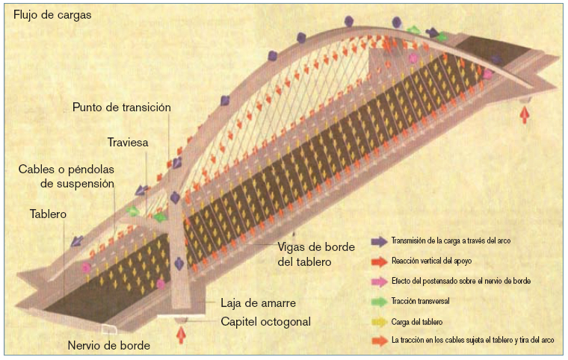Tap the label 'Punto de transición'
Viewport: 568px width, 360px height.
[122, 108]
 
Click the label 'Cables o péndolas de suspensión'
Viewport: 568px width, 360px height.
[66, 176]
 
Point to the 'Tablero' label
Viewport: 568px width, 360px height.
[49, 214]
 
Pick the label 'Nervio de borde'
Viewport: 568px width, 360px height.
[108, 345]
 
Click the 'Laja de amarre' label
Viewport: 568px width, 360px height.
[259, 303]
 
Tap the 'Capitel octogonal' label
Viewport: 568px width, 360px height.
[266, 322]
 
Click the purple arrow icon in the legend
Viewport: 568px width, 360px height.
[379, 241]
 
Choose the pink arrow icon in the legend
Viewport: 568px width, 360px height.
[379, 281]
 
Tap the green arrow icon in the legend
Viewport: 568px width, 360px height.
[379, 301]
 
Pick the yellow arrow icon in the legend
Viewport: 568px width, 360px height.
[379, 321]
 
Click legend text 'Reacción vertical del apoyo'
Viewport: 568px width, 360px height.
[431, 261]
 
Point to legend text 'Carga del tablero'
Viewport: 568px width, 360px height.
[417, 321]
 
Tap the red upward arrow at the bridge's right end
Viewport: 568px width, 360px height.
[525, 113]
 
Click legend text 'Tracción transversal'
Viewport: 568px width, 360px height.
[420, 301]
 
